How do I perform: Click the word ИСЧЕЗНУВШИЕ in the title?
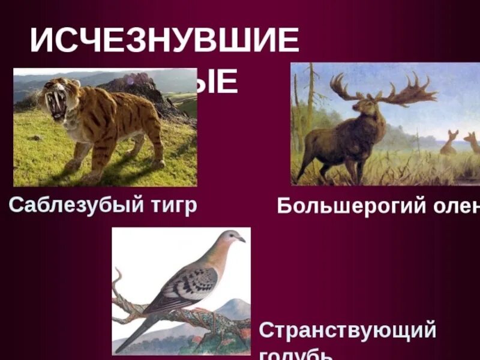(164, 41)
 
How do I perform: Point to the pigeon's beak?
(242, 240)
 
